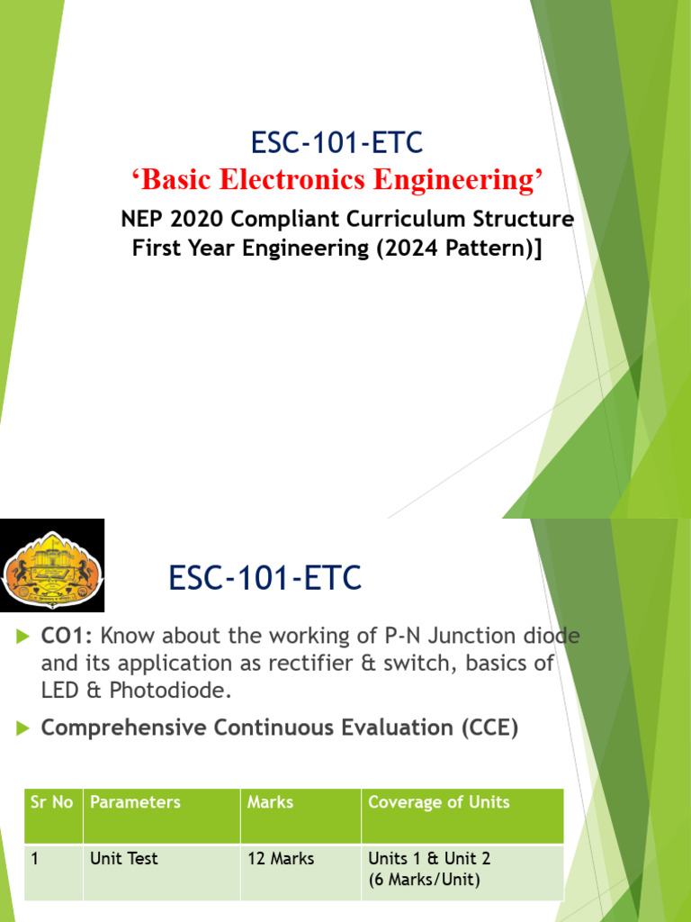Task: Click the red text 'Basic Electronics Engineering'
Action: pyautogui.click(x=338, y=180)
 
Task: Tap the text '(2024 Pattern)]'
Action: pyautogui.click(x=461, y=249)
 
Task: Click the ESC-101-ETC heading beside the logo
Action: pyautogui.click(x=265, y=577)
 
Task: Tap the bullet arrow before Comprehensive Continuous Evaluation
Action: pyautogui.click(x=23, y=728)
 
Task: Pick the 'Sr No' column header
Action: pyautogui.click(x=51, y=802)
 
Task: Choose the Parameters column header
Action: pyautogui.click(x=135, y=802)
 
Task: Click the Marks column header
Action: pyautogui.click(x=270, y=802)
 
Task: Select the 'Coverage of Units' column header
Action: pyautogui.click(x=439, y=802)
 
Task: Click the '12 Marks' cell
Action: pyautogui.click(x=281, y=859)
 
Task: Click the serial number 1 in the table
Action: pyautogui.click(x=35, y=859)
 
